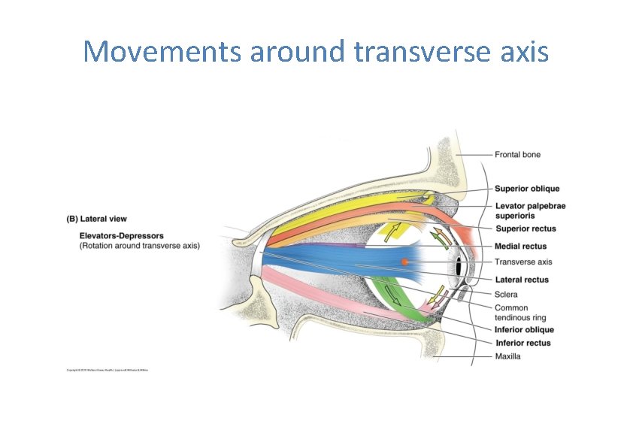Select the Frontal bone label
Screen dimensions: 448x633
click(x=517, y=155)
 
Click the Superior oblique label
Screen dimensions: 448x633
click(x=526, y=189)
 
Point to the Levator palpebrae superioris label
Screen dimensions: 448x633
click(x=531, y=210)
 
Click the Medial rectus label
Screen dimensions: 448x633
click(x=520, y=247)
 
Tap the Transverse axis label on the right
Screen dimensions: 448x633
click(x=522, y=262)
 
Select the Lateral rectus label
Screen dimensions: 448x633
click(x=521, y=280)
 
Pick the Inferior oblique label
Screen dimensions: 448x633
click(x=524, y=330)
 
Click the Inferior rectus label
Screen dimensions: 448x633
click(x=523, y=344)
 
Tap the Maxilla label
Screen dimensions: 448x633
click(x=507, y=356)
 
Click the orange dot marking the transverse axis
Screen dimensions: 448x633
click(x=404, y=262)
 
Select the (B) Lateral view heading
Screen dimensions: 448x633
click(x=97, y=219)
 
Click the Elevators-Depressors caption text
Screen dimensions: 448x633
click(x=121, y=236)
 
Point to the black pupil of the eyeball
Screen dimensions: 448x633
click(x=458, y=267)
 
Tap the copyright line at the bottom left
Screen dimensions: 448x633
click(x=107, y=371)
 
